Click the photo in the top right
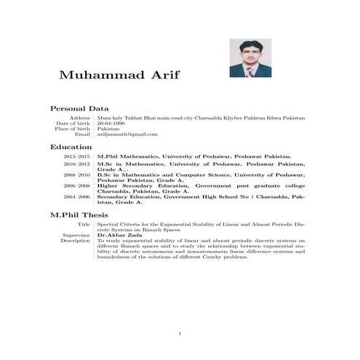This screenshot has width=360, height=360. pyautogui.click(x=250, y=58)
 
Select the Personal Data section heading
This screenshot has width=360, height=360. pyautogui.click(x=79, y=108)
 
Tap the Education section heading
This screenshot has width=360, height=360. pyautogui.click(x=71, y=147)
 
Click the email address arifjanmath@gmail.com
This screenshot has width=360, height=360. pyautogui.click(x=127, y=135)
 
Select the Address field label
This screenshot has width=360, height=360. pyautogui.click(x=80, y=117)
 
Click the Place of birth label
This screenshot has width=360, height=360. pyautogui.click(x=73, y=129)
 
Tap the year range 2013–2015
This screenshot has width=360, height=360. pyautogui.click(x=77, y=156)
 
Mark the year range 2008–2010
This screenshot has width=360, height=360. pyautogui.click(x=77, y=175)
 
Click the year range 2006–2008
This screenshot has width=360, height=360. pyautogui.click(x=77, y=186)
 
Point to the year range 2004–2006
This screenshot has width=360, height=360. pyautogui.click(x=77, y=196)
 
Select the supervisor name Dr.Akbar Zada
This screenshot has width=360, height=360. pyautogui.click(x=116, y=235)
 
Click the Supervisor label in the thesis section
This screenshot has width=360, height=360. pyautogui.click(x=76, y=235)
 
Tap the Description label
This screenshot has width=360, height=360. pyautogui.click(x=75, y=240)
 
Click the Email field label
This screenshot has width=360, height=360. pyautogui.click(x=82, y=135)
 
